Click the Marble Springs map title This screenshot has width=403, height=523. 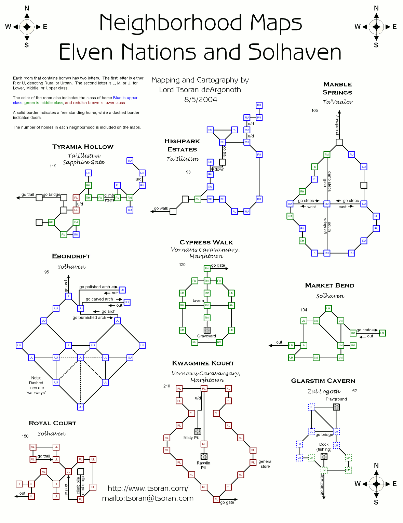click(337, 88)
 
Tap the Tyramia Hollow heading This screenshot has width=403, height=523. click(83, 147)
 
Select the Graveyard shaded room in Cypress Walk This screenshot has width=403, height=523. click(207, 330)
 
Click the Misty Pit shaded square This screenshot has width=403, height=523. click(198, 432)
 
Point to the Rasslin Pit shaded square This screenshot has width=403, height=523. click(204, 456)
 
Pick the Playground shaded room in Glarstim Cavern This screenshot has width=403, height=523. click(336, 407)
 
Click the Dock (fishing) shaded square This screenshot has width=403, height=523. click(324, 456)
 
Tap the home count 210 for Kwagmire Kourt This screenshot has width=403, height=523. click(167, 386)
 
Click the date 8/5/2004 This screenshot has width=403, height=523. click(201, 99)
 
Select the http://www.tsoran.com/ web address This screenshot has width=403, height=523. click(148, 488)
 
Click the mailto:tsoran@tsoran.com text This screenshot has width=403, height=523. click(148, 498)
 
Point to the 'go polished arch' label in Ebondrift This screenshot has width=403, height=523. click(95, 287)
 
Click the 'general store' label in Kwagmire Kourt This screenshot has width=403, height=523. click(265, 464)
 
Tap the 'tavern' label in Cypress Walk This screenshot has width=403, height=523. click(198, 301)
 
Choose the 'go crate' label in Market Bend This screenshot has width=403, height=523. click(364, 330)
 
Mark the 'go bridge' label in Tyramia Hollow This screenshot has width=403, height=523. click(52, 195)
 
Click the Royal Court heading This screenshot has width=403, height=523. click(52, 423)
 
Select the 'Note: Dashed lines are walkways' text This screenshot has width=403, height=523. click(36, 385)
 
